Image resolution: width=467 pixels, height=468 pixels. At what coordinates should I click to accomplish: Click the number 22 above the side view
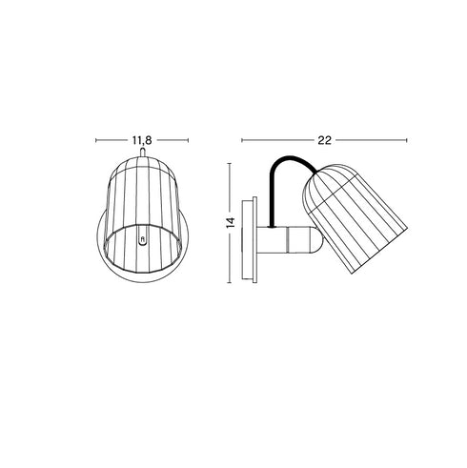324,139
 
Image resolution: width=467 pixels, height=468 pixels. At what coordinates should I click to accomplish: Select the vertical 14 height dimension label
230,223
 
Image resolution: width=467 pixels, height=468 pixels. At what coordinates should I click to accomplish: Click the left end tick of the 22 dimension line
242,140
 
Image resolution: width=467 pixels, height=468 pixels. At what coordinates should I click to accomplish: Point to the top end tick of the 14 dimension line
230,162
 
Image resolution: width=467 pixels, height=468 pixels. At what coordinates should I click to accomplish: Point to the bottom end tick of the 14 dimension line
230,284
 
